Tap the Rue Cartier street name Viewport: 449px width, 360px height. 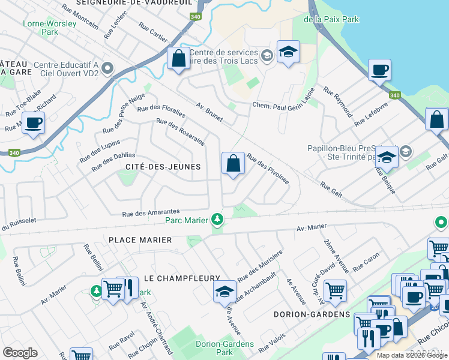pyautogui.click(x=153, y=33)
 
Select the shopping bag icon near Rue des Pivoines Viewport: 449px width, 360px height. pyautogui.click(x=233, y=164)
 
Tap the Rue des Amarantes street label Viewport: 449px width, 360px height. pyautogui.click(x=151, y=212)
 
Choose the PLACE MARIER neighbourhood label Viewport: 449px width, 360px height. pyautogui.click(x=140, y=239)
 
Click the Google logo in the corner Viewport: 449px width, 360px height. pyautogui.click(x=20, y=352)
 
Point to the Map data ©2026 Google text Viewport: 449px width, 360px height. pyautogui.click(x=412, y=355)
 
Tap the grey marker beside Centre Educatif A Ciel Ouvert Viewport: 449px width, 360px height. pyautogui.click(x=108, y=68)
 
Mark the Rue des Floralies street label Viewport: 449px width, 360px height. pyautogui.click(x=161, y=103)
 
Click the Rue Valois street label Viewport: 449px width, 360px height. pyautogui.click(x=273, y=346)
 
